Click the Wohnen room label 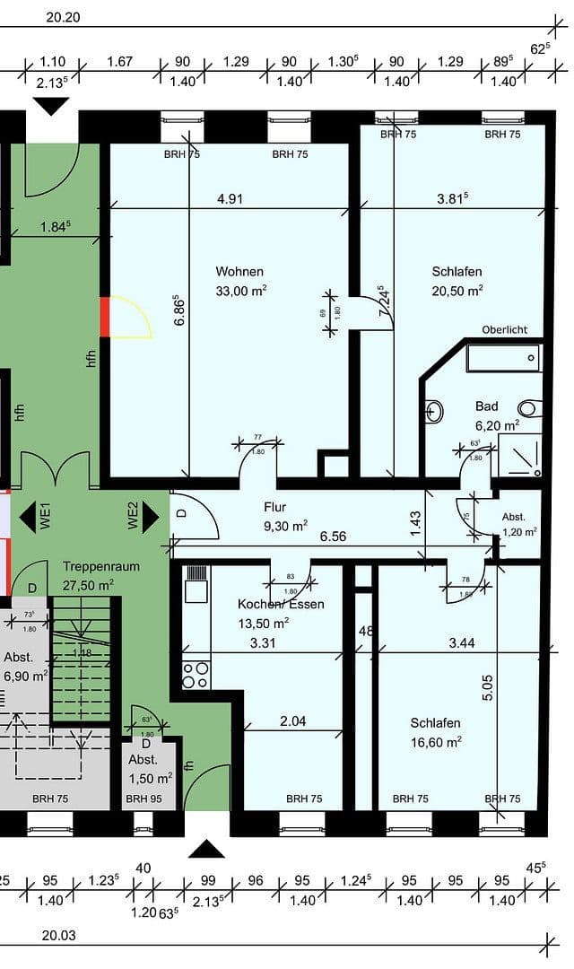click(239, 271)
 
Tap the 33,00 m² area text click(240, 290)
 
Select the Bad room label click(487, 406)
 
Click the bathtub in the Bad click(503, 359)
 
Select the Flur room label click(274, 507)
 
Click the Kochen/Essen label click(281, 604)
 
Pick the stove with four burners click(196, 675)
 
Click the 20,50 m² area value click(457, 290)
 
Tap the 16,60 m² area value click(436, 741)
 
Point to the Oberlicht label click(505, 329)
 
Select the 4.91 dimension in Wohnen click(230, 199)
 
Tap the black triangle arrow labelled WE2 click(150, 517)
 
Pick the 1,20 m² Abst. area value click(519, 531)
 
